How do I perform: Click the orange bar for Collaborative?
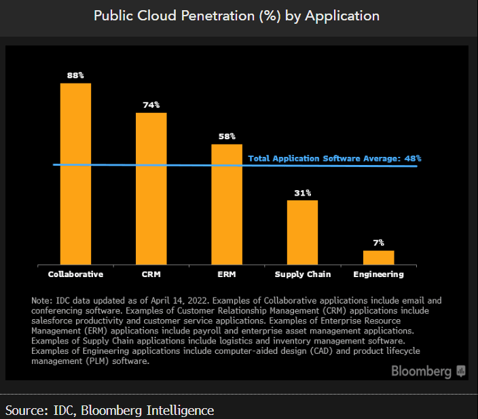(x=75, y=173)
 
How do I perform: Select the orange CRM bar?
(x=151, y=188)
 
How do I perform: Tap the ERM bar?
(x=227, y=204)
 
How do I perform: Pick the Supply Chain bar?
(x=302, y=232)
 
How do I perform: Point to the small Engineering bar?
(x=378, y=257)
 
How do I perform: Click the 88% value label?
(x=75, y=75)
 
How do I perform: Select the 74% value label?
(x=151, y=105)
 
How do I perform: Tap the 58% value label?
(x=227, y=136)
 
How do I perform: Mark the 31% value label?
(x=302, y=193)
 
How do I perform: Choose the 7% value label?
(x=378, y=242)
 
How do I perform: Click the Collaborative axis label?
(x=75, y=274)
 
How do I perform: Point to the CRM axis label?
(x=151, y=274)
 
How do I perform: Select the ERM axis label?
(x=227, y=274)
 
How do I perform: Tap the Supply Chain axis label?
(x=303, y=274)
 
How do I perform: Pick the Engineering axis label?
(x=378, y=274)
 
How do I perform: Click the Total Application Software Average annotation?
(x=335, y=158)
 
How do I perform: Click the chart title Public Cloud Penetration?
(x=237, y=16)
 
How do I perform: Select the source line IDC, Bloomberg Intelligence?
(x=109, y=410)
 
